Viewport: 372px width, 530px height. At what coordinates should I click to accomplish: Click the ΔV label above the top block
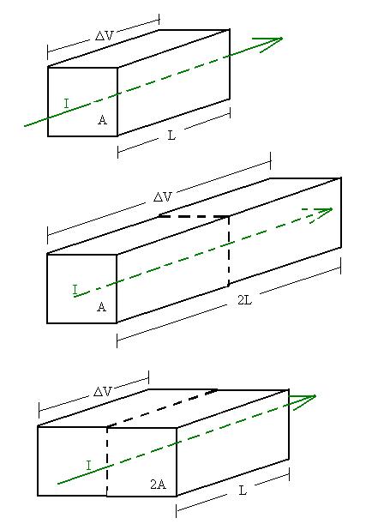point(104,35)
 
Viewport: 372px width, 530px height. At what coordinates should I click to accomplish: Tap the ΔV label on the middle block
point(163,196)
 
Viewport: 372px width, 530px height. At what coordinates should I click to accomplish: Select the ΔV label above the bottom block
point(102,391)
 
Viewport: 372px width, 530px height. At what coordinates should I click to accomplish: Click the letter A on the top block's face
point(102,120)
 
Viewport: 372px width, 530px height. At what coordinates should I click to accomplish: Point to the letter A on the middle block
point(102,306)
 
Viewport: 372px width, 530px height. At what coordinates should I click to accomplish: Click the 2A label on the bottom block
point(158,485)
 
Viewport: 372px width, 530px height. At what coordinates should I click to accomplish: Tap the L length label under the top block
point(172,136)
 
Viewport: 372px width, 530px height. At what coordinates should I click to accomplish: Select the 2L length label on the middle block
point(244,299)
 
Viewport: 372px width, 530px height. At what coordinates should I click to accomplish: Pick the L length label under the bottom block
point(243,490)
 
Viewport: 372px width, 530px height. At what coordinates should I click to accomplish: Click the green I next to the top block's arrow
point(67,104)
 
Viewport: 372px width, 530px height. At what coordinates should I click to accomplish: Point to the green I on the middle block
point(75,290)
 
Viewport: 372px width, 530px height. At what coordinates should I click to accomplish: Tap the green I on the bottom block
point(88,466)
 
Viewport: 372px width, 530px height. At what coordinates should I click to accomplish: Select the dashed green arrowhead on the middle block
point(321,214)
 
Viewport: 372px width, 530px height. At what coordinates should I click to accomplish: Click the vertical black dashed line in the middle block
point(229,250)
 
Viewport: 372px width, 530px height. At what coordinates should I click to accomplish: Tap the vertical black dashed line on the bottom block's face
point(107,461)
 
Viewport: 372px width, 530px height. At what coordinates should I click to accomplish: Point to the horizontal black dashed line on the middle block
point(194,215)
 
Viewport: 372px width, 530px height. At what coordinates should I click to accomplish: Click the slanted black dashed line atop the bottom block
point(162,408)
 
